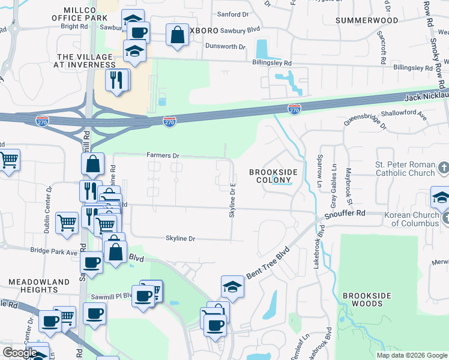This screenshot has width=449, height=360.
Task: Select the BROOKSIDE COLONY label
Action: point(273,176)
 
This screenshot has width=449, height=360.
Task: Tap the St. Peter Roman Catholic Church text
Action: point(405,169)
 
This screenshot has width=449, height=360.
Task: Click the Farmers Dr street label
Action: point(163,155)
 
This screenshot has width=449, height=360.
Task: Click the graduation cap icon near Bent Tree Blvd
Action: point(232,287)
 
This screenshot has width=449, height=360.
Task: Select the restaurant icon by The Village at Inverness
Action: point(116,79)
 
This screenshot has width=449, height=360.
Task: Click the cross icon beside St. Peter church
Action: point(444,167)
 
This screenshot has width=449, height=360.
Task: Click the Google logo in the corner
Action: point(19,353)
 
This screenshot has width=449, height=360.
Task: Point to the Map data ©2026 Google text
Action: point(411,355)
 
